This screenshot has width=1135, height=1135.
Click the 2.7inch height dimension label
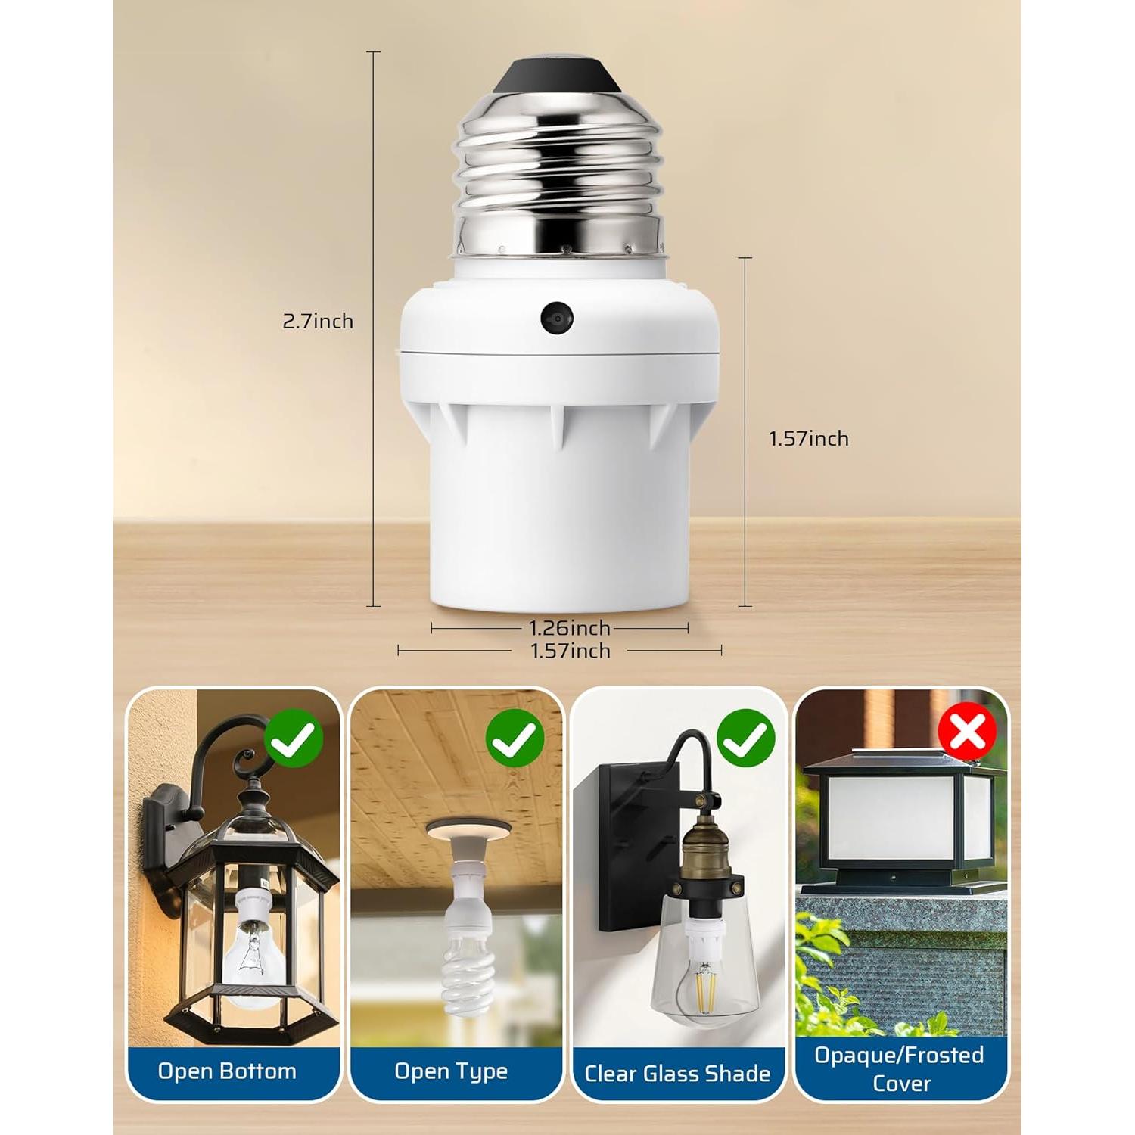(x=318, y=322)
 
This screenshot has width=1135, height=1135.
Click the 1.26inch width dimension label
(x=569, y=628)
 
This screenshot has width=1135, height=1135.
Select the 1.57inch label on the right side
(x=809, y=439)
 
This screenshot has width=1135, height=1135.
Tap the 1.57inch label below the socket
(x=570, y=651)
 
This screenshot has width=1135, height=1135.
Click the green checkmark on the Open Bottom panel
(x=295, y=739)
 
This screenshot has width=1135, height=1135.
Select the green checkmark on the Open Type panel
(x=515, y=739)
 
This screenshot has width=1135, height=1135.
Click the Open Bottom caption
(x=227, y=1071)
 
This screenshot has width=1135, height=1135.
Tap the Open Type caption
(x=451, y=1071)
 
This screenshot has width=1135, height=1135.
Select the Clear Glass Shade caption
(x=677, y=1074)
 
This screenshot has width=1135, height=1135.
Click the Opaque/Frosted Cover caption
(x=900, y=1068)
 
